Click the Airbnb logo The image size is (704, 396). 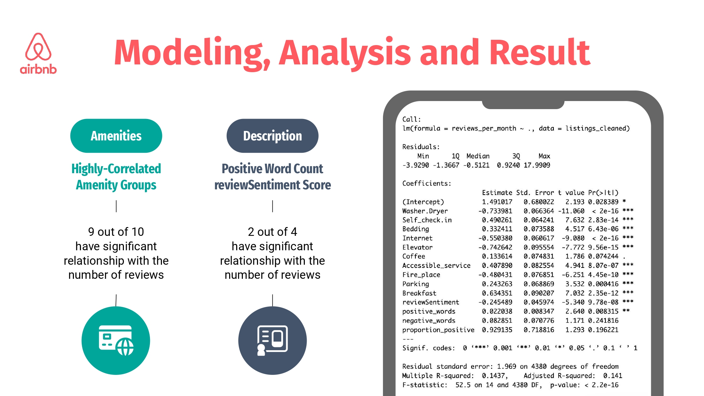[x=38, y=54]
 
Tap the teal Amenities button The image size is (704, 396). [x=116, y=136]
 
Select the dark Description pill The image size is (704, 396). [x=272, y=136]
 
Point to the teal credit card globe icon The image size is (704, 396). [x=116, y=340]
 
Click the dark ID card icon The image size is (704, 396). [x=272, y=340]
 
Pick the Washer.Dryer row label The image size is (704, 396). [x=425, y=211]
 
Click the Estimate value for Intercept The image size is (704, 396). [x=497, y=202]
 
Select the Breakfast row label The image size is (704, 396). [x=419, y=293]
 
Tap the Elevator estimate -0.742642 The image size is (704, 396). [x=495, y=247]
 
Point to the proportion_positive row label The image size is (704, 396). [x=438, y=330]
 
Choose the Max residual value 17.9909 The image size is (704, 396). [x=537, y=165]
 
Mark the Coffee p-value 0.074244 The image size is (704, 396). [x=603, y=257]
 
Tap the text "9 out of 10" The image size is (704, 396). [x=116, y=232]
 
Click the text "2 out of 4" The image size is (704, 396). [x=272, y=232]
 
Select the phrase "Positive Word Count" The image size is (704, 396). [x=272, y=169]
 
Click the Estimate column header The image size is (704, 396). [x=497, y=193]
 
